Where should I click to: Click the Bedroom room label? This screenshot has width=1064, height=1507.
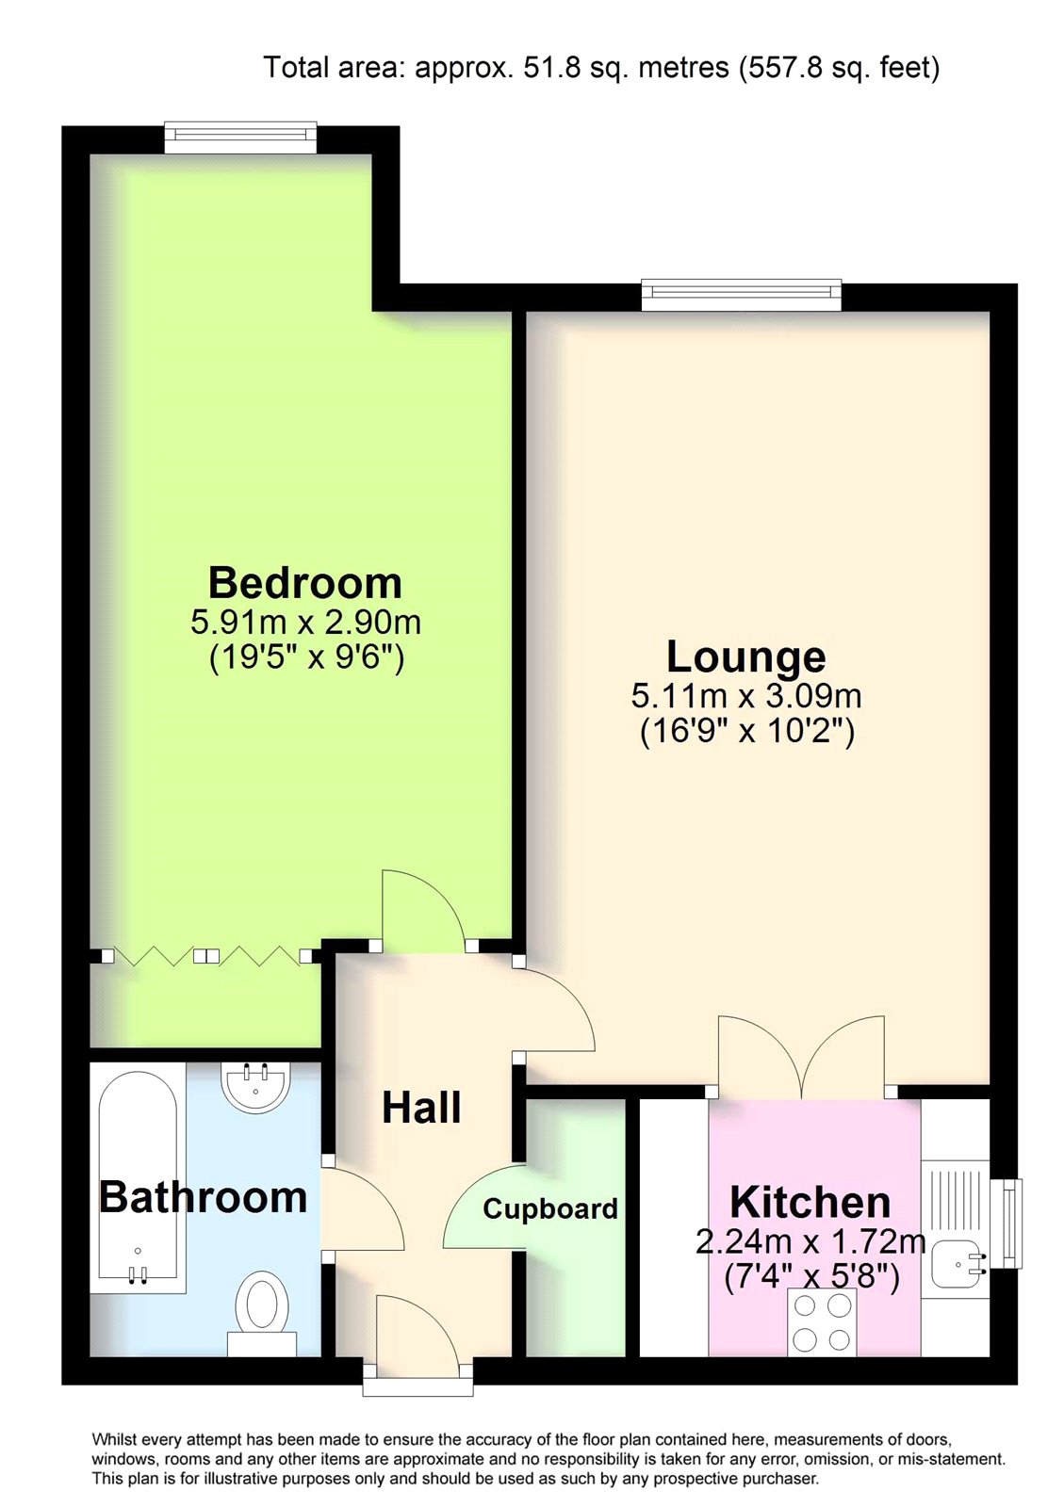[304, 583]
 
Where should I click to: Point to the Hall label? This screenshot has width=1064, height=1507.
[421, 1107]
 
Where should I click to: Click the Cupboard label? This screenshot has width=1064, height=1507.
[549, 1209]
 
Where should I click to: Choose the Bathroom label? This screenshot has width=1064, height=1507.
[203, 1197]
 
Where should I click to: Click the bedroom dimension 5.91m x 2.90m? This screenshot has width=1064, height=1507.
[305, 623]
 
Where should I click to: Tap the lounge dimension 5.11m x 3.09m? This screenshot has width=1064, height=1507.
[746, 696]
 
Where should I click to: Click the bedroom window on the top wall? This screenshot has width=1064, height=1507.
[241, 137]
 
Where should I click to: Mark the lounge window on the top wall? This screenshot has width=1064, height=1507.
[742, 296]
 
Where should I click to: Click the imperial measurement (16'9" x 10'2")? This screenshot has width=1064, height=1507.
[746, 731]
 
